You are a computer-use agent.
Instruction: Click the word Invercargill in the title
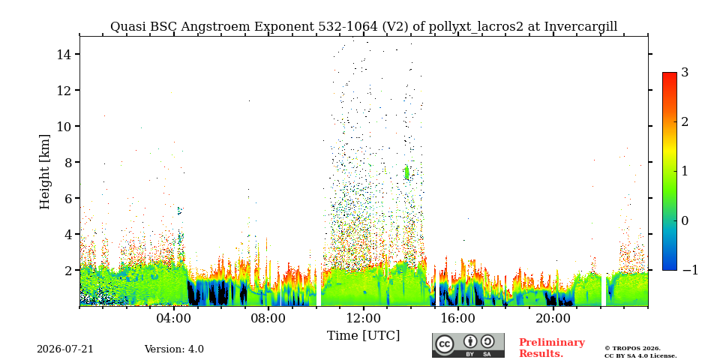pyautogui.click(x=580, y=27)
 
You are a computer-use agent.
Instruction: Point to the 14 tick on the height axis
pyautogui.click(x=63, y=54)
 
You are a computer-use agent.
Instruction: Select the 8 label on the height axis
pyautogui.click(x=66, y=162)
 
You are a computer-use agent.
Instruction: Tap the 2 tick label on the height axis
pyautogui.click(x=66, y=270)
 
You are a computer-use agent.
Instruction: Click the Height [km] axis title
pyautogui.click(x=44, y=172)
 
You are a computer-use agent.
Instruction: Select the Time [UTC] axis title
pyautogui.click(x=363, y=335)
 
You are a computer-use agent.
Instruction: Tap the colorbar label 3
pyautogui.click(x=685, y=72)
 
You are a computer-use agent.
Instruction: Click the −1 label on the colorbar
pyautogui.click(x=690, y=270)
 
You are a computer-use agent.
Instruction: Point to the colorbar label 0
pyautogui.click(x=685, y=220)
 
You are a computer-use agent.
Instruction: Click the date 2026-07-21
pyautogui.click(x=65, y=349)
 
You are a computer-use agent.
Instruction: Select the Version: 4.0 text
pyautogui.click(x=174, y=349)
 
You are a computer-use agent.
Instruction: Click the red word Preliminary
pyautogui.click(x=552, y=343)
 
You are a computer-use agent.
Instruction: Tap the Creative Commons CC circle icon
pyautogui.click(x=444, y=344)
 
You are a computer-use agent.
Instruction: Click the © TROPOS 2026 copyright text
pyautogui.click(x=632, y=349)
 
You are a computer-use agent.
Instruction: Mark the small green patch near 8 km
pyautogui.click(x=406, y=172)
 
